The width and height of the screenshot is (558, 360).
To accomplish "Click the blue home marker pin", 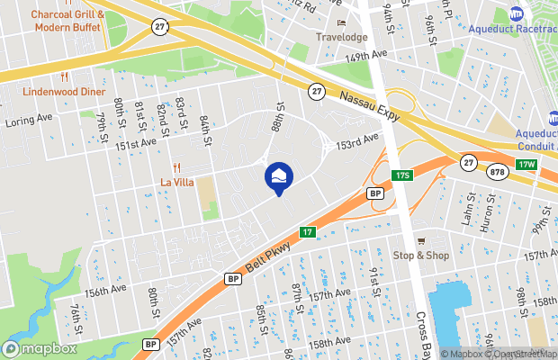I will [278, 176].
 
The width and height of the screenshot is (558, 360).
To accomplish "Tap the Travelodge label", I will [341, 37].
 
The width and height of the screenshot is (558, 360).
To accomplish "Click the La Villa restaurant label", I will [176, 181].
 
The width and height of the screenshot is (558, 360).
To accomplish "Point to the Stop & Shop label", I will [420, 256].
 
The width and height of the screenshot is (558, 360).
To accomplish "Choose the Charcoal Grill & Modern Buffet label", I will [68, 20].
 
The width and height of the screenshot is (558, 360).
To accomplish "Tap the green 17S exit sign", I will [401, 174].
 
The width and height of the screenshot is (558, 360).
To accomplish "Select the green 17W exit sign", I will [526, 164].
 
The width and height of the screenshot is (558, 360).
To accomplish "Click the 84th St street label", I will [205, 131].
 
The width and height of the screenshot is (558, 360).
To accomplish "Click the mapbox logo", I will [40, 348].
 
